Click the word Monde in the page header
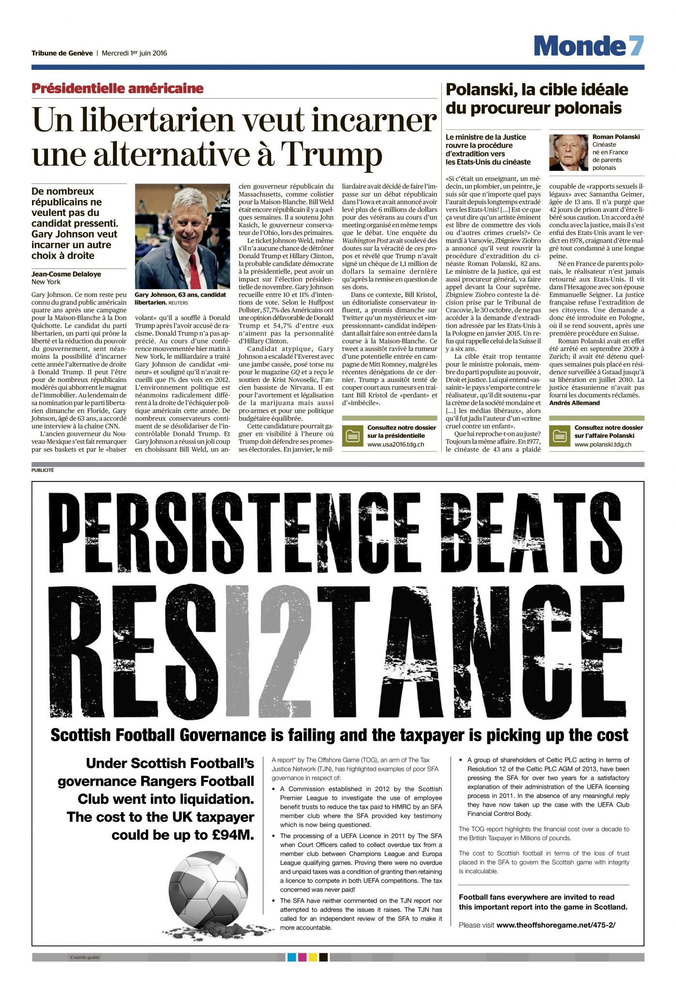(x=580, y=46)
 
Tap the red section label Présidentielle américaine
(x=117, y=88)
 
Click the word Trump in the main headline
(x=331, y=154)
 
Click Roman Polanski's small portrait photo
(x=568, y=152)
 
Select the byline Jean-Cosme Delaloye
(x=66, y=274)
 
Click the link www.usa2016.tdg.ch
(x=396, y=444)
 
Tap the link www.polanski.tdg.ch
(x=603, y=444)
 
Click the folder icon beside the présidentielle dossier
(x=352, y=436)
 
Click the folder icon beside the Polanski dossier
(x=560, y=436)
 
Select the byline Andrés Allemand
(x=574, y=403)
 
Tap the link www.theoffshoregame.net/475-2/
(x=556, y=925)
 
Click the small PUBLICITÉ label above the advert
(x=43, y=470)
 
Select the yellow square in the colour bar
(x=313, y=957)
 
